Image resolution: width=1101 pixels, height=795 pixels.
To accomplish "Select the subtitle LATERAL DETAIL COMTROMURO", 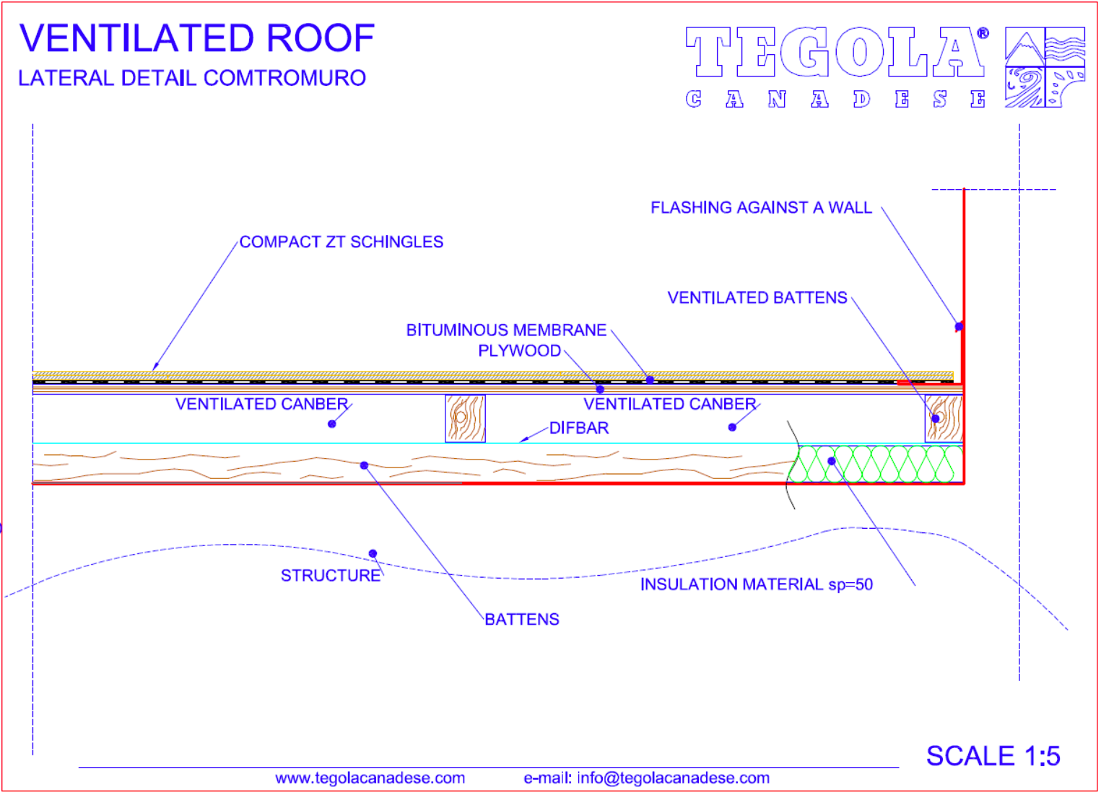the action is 192,78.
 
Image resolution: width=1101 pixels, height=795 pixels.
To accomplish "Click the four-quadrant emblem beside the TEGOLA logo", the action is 1045,67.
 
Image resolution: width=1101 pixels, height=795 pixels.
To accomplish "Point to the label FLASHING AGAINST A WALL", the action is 762,208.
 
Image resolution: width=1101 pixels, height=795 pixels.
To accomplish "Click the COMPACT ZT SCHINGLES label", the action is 341,242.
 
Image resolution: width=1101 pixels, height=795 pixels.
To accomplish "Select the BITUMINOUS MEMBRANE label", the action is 506,330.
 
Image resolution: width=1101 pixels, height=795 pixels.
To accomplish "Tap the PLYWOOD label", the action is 520,351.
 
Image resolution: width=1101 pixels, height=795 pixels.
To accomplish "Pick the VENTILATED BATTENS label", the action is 757,297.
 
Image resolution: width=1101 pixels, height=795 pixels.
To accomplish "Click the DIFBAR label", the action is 579,429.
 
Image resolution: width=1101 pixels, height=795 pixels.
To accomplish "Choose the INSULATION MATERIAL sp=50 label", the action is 757,584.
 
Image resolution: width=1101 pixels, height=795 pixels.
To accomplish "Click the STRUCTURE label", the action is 331,576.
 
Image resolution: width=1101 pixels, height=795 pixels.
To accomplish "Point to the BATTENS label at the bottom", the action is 522,619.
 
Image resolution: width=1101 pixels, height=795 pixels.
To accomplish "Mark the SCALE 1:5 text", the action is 993,756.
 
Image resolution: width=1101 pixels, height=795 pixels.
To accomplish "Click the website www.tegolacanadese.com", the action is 370,778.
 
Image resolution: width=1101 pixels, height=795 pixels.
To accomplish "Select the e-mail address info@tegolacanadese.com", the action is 674,778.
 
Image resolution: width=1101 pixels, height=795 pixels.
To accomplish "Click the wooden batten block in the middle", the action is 465,419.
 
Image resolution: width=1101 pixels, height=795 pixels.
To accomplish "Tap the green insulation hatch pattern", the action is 876,464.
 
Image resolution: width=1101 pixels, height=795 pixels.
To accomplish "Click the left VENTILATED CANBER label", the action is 261,404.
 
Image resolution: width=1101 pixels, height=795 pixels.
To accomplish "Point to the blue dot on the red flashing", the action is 959,327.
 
